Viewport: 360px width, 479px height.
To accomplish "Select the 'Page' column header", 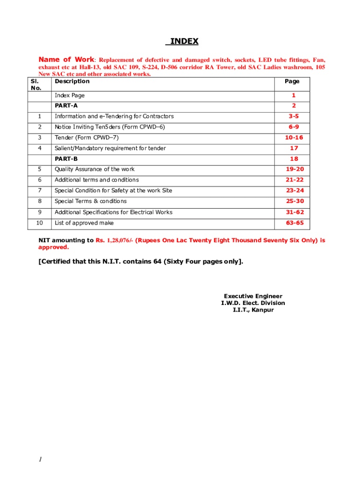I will [292, 81].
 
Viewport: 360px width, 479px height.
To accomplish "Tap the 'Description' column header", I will [72, 81].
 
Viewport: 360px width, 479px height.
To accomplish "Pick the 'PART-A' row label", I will [66, 106].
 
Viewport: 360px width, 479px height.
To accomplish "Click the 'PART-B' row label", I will [66, 159].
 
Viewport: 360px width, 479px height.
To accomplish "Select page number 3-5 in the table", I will [294, 116].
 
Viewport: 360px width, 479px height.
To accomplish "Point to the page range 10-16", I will [294, 138].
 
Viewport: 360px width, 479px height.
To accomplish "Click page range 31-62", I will [295, 212].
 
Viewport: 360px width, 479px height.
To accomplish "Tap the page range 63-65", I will [295, 223].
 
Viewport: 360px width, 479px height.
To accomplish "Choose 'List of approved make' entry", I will [84, 223].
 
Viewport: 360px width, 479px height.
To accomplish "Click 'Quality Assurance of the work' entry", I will [94, 169].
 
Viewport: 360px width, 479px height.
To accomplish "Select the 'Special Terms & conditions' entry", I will [91, 201].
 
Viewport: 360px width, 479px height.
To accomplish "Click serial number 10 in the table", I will [40, 223].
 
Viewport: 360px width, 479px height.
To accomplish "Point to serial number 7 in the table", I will [40, 191].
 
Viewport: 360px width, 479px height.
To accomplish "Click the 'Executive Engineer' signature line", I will [253, 296].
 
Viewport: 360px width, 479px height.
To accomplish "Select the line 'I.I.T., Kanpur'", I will [253, 310].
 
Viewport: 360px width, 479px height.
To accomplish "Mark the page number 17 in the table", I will [294, 148].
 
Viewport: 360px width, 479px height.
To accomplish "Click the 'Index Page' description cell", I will [70, 95].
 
